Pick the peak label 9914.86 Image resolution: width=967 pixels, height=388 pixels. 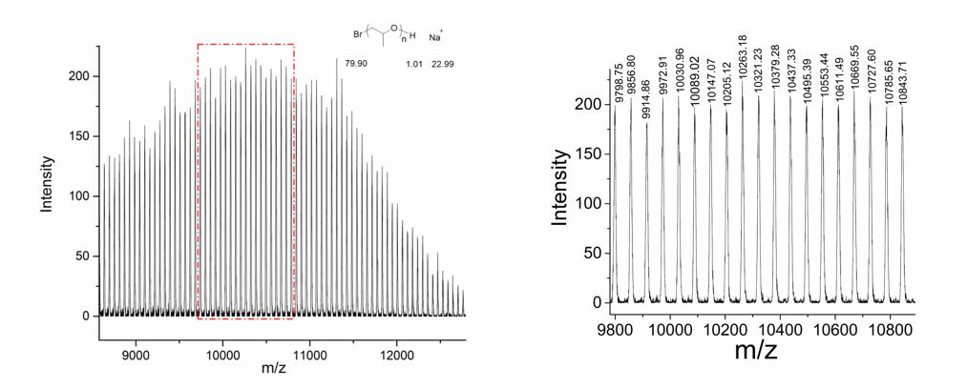[x=647, y=99]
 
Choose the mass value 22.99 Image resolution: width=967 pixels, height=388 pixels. [x=435, y=64]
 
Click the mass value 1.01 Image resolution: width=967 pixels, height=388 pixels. [x=412, y=64]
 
